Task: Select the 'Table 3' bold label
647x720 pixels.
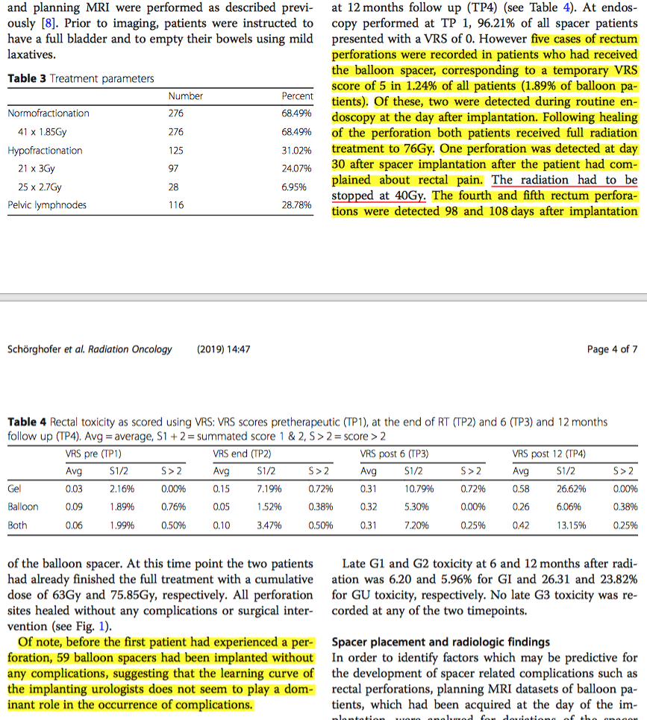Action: coord(27,78)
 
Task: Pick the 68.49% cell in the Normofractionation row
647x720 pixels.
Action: coord(296,113)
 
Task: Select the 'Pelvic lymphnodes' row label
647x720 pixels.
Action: coord(47,204)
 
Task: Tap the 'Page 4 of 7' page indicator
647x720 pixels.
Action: coord(612,349)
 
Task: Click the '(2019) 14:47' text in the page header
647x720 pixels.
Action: coord(223,349)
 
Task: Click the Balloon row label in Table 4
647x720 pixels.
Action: coord(22,507)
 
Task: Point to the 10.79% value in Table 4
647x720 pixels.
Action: coord(419,489)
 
